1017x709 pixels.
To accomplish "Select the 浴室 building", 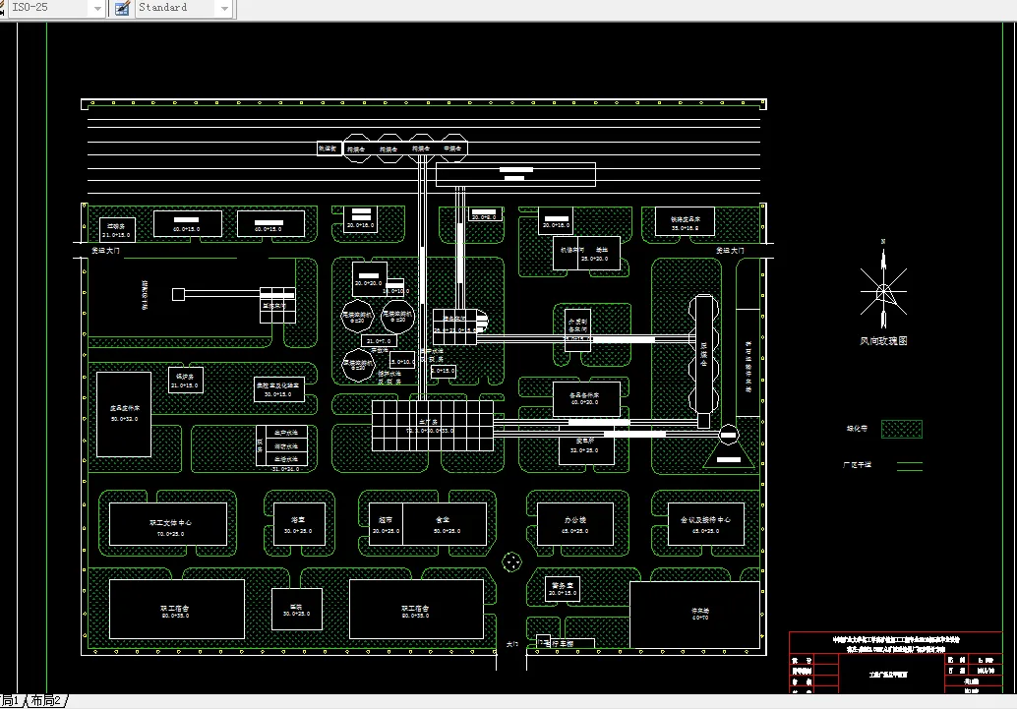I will (x=297, y=524).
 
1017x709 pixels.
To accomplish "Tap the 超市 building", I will (x=386, y=524).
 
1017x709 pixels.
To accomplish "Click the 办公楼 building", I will (x=574, y=524).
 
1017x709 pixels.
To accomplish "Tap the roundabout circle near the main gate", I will (x=511, y=561).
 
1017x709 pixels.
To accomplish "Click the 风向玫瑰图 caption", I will (x=882, y=341).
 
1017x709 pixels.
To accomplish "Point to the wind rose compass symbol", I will (x=882, y=291).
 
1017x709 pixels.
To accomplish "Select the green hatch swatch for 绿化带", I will (x=902, y=429).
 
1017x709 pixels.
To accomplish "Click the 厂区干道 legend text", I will (x=859, y=465).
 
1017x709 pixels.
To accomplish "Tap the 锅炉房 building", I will (x=185, y=380).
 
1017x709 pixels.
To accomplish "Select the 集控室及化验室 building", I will (x=278, y=388).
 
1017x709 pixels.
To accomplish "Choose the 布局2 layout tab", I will (x=46, y=701).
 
